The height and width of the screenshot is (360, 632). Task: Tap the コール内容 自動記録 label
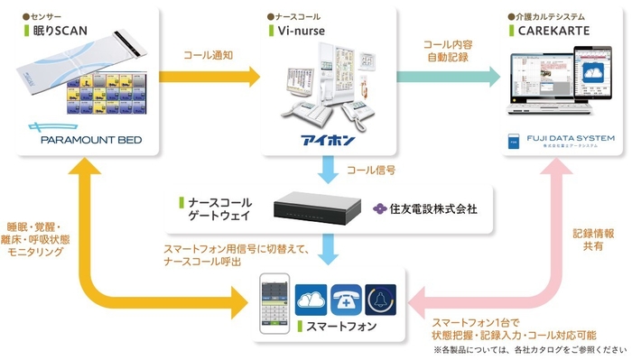(450, 51)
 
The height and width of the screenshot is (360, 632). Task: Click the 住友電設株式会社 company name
(432, 208)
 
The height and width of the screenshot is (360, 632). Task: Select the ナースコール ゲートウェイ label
(218, 209)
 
